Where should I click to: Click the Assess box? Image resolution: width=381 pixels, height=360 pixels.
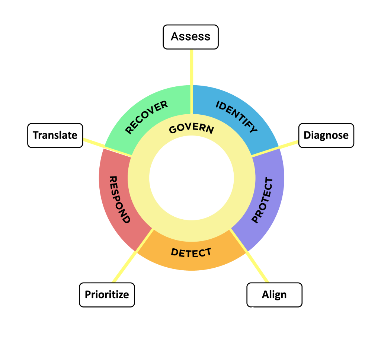pos(190,36)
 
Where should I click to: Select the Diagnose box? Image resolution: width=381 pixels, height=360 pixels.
pos(326,135)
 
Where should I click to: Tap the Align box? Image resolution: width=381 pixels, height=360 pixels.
pos(274,295)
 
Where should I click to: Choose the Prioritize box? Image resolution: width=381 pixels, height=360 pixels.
pos(107,295)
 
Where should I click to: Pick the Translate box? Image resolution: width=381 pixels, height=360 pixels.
pos(55,135)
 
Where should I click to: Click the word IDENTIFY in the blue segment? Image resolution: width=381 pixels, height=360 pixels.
pos(237,117)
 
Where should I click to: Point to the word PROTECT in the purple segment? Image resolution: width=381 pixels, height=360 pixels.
pos(262,200)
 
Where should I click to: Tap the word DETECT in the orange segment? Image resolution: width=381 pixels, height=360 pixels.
pos(191,252)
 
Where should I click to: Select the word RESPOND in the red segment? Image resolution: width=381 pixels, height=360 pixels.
pos(119,199)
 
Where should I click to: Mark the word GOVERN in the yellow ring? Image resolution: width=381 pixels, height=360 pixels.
pos(191,128)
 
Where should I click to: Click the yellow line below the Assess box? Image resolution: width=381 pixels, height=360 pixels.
pos(192,67)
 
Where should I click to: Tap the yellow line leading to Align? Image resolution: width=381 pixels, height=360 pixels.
pos(257,264)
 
